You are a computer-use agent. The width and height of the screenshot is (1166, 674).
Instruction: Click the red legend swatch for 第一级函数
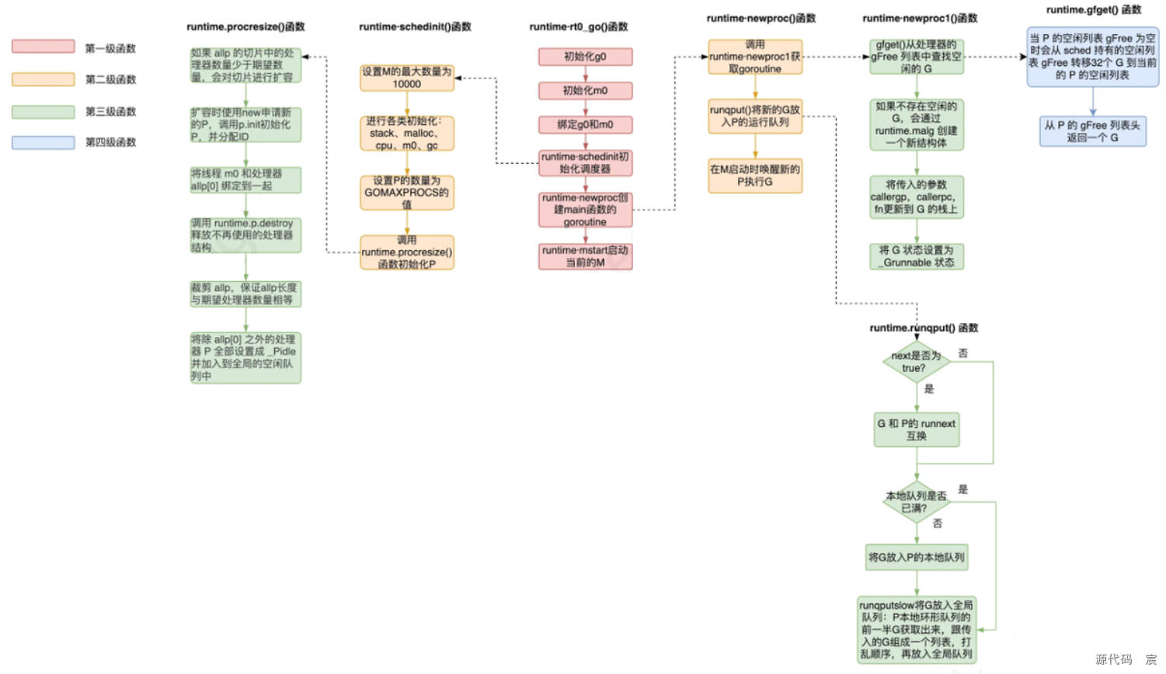coord(44,47)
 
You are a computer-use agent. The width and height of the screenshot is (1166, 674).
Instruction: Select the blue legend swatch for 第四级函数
coord(44,142)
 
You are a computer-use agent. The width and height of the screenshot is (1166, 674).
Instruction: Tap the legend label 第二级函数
coord(110,79)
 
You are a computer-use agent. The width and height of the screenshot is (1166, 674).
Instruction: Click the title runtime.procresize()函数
coord(245,26)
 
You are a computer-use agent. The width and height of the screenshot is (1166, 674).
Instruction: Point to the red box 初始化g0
coord(585,57)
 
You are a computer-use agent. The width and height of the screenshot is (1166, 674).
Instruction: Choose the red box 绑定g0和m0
coord(585,125)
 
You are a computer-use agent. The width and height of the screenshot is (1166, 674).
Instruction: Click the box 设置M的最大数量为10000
coord(406,78)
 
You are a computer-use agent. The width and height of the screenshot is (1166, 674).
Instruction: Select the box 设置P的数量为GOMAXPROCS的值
coord(406,193)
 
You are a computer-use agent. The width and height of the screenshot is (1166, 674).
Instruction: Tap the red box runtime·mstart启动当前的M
coord(585,257)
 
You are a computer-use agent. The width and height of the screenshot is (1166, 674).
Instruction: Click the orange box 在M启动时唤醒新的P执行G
coord(754,175)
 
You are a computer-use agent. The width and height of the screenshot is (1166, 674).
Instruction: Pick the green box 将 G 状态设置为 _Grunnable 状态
coord(917,256)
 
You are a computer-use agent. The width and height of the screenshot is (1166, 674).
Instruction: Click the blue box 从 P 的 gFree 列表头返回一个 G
coord(1092,131)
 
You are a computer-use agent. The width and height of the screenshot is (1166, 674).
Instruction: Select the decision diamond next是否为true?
coord(916,362)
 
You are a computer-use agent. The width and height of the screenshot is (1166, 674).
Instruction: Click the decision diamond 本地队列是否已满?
coord(916,502)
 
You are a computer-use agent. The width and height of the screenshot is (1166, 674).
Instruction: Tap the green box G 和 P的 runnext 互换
coord(916,430)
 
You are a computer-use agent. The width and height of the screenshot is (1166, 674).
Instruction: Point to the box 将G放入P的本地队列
coord(916,558)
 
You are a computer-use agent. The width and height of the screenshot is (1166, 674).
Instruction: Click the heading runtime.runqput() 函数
coord(924,328)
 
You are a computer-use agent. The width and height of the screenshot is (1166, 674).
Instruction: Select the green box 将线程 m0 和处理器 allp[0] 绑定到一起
coord(245,180)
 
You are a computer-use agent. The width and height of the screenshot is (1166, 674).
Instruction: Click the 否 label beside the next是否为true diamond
coord(963,353)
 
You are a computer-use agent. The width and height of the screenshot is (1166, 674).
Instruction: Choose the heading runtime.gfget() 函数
coord(1093,10)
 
